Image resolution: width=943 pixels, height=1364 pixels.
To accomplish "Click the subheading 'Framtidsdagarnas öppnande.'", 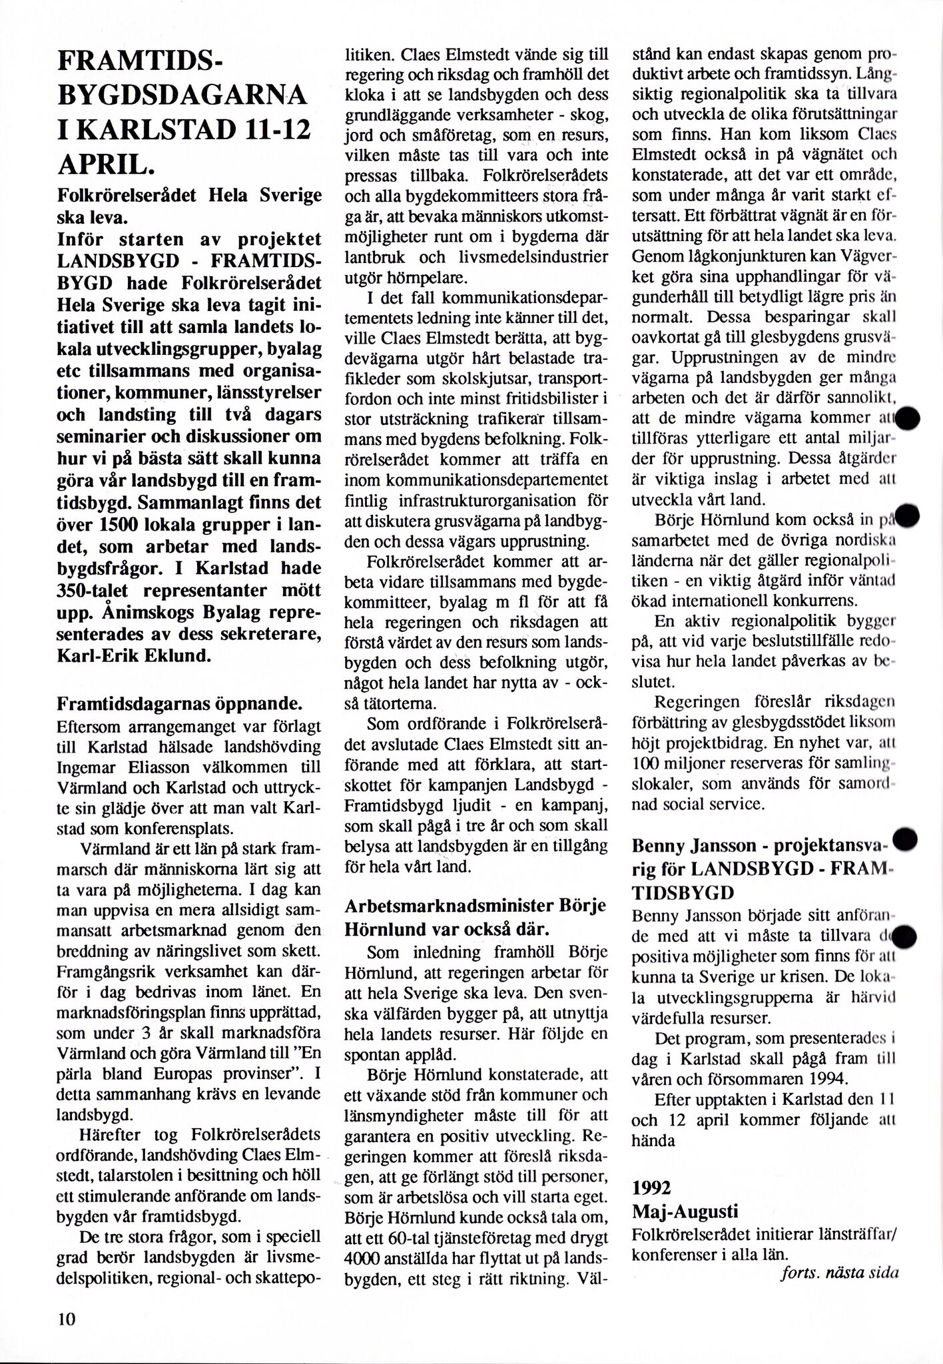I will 180,704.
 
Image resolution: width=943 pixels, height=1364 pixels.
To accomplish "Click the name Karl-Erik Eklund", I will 135,655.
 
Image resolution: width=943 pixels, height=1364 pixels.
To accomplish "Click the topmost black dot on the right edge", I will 907,418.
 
